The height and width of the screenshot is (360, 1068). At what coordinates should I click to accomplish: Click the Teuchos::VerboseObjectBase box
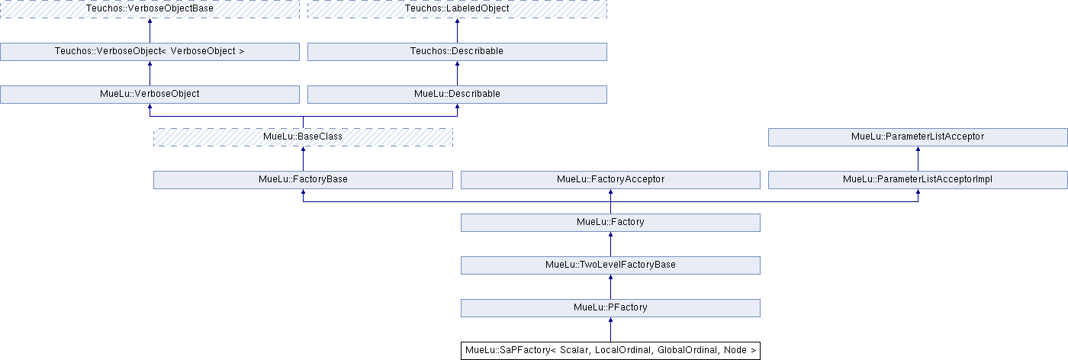(x=150, y=8)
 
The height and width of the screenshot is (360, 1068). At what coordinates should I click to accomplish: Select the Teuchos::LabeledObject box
(x=457, y=8)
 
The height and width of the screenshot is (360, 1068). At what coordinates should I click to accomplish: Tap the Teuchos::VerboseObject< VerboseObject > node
(x=150, y=52)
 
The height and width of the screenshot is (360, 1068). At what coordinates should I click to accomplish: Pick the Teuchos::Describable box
(x=457, y=52)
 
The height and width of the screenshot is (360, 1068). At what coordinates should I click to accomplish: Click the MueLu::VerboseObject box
(x=150, y=95)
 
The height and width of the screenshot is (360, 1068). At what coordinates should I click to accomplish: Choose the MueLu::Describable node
(x=457, y=95)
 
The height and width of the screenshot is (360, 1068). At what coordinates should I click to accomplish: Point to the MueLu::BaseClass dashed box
(x=304, y=137)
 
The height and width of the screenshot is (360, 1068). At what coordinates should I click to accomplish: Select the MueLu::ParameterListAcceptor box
(x=918, y=137)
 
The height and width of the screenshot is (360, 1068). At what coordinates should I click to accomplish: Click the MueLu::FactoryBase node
(x=304, y=180)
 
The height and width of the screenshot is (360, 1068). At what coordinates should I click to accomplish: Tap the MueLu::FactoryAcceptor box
(x=610, y=180)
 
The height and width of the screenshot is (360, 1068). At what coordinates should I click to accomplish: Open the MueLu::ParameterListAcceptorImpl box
(x=918, y=180)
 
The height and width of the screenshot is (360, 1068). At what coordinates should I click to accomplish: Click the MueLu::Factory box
(x=610, y=223)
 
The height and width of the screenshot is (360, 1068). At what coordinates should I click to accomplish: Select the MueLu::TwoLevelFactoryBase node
(x=610, y=265)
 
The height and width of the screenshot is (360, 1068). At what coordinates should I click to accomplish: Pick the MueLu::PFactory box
(x=610, y=308)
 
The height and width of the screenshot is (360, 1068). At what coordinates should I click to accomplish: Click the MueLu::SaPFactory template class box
(x=610, y=350)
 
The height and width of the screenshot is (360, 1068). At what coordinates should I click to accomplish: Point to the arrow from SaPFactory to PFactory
(x=610, y=329)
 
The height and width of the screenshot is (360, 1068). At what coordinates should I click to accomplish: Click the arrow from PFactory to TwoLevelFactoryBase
(x=610, y=287)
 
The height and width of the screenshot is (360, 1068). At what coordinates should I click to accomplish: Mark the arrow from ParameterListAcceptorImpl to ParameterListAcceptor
(x=918, y=159)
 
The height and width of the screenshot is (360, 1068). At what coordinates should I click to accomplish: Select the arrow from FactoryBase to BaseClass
(x=304, y=159)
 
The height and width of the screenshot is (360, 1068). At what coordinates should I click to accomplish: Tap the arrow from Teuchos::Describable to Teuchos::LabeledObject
(x=457, y=31)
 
